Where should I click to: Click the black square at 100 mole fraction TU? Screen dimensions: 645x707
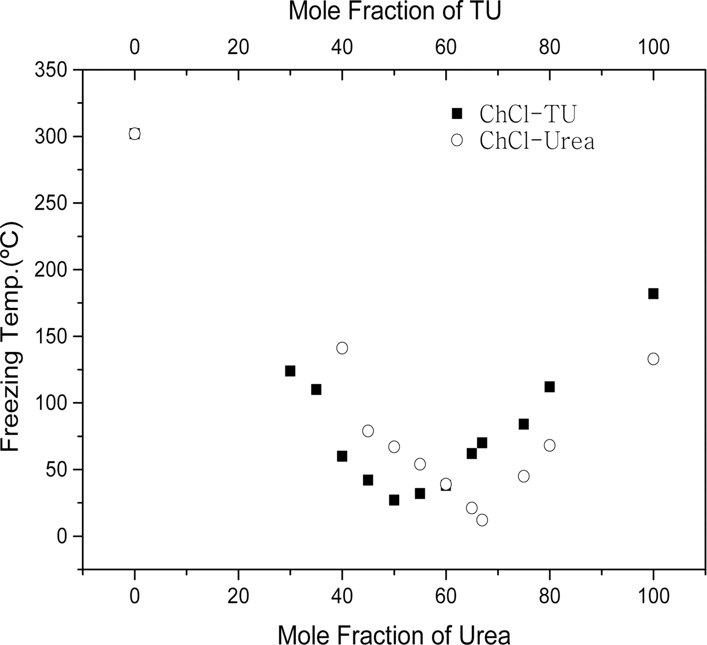653,293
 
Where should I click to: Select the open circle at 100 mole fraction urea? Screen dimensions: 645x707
653,359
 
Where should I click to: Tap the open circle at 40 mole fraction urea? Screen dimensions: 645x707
342,348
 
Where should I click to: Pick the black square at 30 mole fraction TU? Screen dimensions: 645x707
290,371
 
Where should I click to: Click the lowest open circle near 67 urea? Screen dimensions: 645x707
482,520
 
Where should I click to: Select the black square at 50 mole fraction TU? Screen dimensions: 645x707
394,500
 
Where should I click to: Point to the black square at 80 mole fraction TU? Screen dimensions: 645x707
550,387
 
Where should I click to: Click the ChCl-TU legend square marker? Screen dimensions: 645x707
457,114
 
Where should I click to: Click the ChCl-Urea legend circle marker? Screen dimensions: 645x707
457,140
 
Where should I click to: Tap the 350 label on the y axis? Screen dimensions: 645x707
51,70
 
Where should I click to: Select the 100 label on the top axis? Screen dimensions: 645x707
653,47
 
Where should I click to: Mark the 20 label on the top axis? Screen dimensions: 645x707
238,47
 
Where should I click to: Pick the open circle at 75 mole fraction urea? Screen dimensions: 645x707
524,476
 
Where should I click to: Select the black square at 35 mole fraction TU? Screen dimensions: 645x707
316,390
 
